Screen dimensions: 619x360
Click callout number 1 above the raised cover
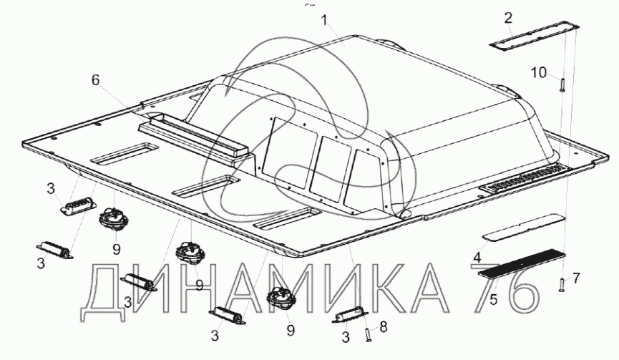[324, 20]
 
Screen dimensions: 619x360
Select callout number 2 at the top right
[508, 18]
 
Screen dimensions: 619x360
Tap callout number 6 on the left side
[96, 79]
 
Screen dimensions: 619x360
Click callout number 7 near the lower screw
[576, 278]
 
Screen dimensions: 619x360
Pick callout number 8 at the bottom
[383, 327]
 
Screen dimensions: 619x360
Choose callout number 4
[477, 258]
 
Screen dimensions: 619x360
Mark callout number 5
[494, 300]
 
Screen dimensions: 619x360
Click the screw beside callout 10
[561, 85]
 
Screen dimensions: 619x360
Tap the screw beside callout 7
[562, 285]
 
